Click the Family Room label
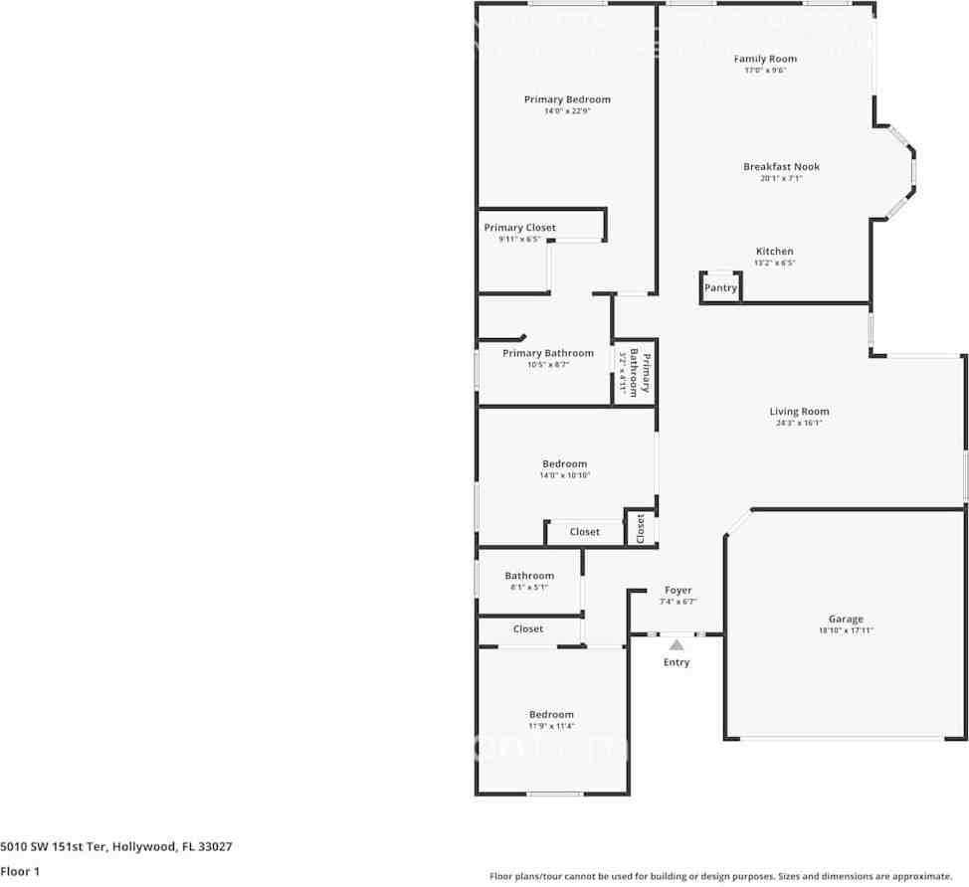coord(765,59)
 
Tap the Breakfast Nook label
coord(781,167)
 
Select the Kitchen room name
coord(774,252)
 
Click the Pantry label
coord(720,288)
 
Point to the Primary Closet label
coord(519,228)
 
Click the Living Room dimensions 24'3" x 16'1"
coord(799,423)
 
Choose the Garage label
coord(846,619)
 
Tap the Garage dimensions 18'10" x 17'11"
coord(846,630)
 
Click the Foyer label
coord(678,591)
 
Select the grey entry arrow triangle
coord(677,645)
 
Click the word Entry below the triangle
coord(677,662)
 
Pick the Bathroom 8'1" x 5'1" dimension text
coord(528,587)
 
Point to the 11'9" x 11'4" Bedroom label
coord(551,715)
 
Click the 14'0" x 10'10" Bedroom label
coord(564,464)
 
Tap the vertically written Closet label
coord(640,528)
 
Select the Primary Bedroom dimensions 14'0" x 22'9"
coord(567,111)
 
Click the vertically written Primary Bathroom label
coord(645,373)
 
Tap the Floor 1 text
coord(20,871)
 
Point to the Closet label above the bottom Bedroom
coord(528,628)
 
